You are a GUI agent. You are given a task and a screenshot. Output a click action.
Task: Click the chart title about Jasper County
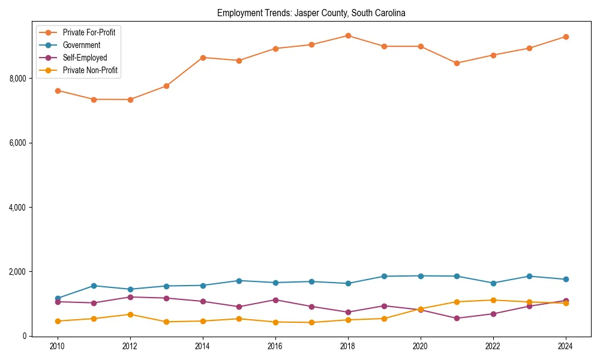tap(311, 13)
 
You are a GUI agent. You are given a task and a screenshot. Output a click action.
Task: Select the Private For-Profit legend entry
tap(89, 32)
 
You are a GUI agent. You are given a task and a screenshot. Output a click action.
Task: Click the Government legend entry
tap(81, 45)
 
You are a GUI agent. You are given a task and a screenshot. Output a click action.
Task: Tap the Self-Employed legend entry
tap(85, 58)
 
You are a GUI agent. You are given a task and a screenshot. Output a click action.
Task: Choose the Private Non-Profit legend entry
tap(90, 70)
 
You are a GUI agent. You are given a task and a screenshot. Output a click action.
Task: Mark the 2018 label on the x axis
tap(348, 346)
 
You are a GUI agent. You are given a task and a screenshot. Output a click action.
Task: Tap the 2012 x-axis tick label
tap(130, 346)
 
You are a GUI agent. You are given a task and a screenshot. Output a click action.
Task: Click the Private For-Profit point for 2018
tap(348, 35)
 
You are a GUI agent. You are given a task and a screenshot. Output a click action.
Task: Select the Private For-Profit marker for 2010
tap(58, 91)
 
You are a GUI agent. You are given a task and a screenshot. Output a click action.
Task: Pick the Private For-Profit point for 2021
tap(457, 63)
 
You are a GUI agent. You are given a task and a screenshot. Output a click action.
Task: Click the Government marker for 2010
tap(58, 298)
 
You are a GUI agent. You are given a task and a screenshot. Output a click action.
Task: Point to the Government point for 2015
tap(239, 281)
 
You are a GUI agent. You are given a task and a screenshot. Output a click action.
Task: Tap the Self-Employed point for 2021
tap(457, 318)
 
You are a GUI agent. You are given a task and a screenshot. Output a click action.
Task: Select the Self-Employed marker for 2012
tap(130, 297)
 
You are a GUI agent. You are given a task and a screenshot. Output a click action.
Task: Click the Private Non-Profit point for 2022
tap(493, 300)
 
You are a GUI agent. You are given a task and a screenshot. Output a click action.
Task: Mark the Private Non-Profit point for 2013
tap(166, 322)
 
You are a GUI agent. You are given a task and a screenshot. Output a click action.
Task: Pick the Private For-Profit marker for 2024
tap(566, 37)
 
